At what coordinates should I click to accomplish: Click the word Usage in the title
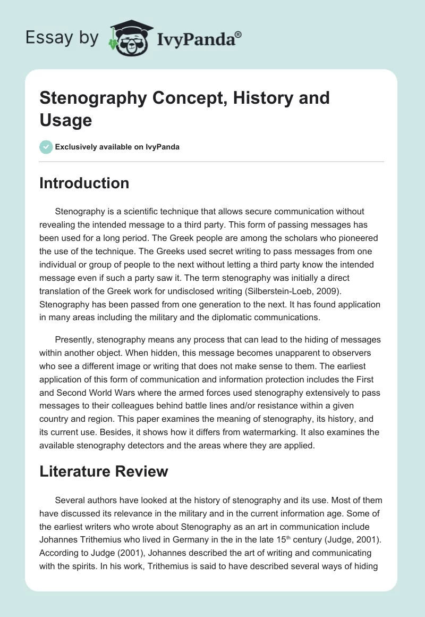(66, 120)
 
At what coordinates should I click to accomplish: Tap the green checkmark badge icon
(46, 147)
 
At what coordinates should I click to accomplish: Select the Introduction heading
(84, 183)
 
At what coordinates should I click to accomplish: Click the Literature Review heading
(104, 471)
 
